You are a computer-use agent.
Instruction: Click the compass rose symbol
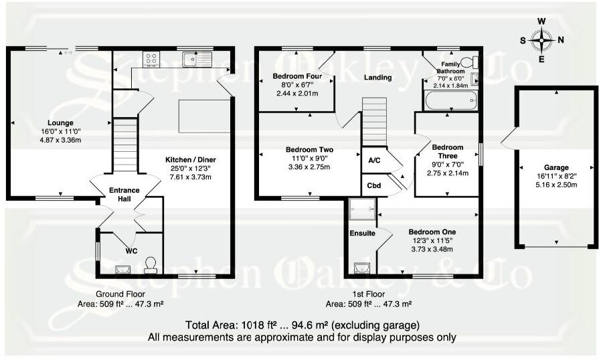point(541,39)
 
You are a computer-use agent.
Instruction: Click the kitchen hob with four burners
point(150,59)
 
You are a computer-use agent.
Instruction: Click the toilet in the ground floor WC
point(151,266)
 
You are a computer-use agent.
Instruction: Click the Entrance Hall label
point(124,195)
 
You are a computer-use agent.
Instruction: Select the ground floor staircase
point(124,145)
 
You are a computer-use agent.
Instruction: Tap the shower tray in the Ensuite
point(362,209)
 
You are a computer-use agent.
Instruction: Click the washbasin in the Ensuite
point(362,268)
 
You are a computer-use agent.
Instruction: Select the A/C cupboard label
point(374,161)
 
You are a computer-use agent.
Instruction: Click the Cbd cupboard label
point(374,185)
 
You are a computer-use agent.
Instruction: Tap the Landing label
point(377,78)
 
